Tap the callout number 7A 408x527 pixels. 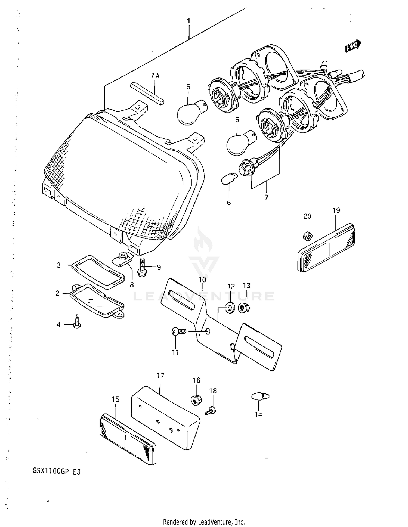coord(155,76)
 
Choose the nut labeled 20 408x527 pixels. coord(307,235)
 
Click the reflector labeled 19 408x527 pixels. coord(326,247)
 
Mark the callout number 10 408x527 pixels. coord(202,280)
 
